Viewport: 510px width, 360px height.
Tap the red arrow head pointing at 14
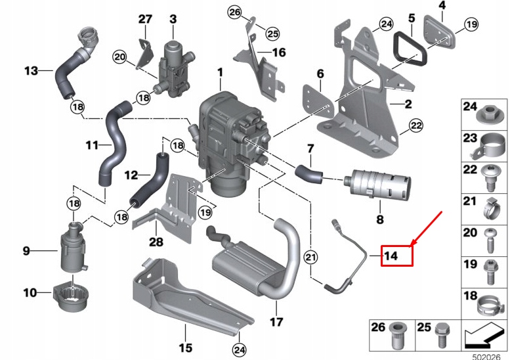pos(412,242)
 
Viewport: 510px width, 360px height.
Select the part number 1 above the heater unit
pos(221,72)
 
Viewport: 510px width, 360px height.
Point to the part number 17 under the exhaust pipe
pos(276,322)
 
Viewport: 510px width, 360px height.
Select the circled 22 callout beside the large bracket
pos(415,125)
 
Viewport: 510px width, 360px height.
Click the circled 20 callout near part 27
pos(119,57)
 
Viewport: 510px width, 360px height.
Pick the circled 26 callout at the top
pos(235,12)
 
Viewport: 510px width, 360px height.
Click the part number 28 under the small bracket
pos(155,241)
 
